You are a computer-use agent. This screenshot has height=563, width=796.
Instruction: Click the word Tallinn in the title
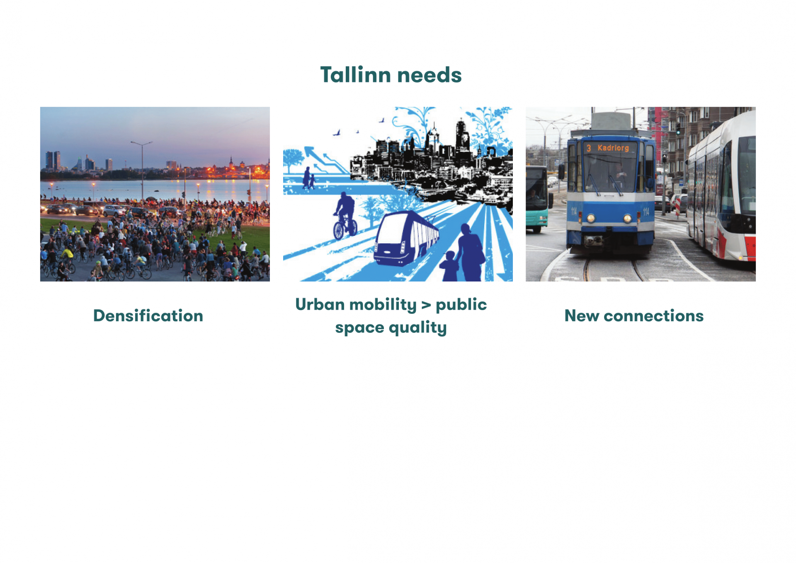coord(356,75)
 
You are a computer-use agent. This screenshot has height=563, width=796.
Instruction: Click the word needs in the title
coord(430,75)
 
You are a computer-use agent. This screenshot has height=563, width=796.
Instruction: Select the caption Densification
coord(148,315)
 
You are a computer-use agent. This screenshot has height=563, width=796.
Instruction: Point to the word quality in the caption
coord(417,328)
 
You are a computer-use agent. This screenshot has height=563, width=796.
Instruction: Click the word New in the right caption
coord(582,315)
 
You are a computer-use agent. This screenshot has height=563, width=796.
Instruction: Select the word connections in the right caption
coord(653,316)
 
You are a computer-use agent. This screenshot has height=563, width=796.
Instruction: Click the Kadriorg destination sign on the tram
coord(613,148)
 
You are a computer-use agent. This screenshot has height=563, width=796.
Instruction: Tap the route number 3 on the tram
coord(588,148)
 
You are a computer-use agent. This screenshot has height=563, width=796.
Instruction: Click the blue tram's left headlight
coord(591,218)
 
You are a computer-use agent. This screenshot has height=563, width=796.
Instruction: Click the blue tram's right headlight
coord(628,218)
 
